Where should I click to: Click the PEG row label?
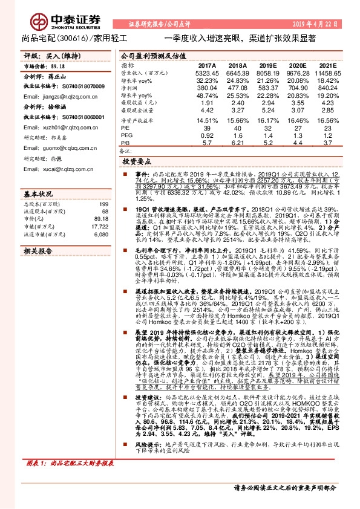coord(127,137)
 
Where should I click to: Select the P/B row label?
coord(126,143)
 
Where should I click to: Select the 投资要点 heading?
coord(137,163)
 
